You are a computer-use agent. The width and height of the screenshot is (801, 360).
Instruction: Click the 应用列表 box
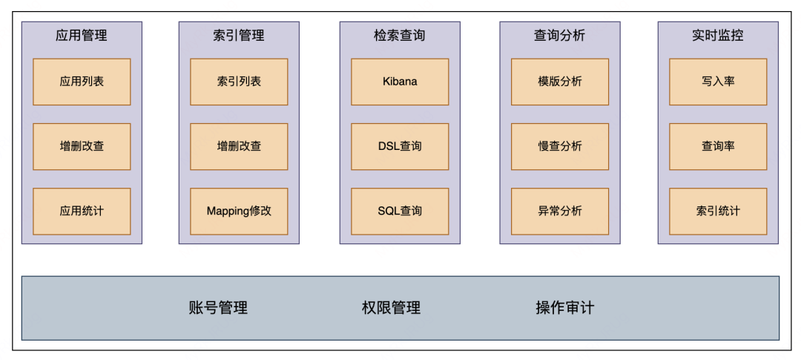82,82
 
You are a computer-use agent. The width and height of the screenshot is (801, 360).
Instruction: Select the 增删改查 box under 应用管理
82,146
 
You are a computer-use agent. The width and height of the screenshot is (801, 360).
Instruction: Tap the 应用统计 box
82,211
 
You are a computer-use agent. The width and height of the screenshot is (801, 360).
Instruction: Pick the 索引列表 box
239,82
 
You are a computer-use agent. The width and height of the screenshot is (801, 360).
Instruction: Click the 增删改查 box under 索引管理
239,146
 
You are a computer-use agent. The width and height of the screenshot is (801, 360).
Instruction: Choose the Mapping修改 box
239,211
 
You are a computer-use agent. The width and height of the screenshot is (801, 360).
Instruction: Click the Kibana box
400,82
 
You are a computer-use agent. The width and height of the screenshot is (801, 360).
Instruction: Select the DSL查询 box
400,146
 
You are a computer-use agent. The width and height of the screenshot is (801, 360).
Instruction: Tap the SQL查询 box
400,211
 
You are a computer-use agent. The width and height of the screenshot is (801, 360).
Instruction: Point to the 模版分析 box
560,82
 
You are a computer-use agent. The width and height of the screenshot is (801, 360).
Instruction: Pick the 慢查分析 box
560,146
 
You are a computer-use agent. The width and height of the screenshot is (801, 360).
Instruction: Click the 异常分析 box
560,211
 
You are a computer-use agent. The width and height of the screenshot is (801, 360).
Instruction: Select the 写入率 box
718,82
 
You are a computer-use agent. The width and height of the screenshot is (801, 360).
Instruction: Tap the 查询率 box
718,146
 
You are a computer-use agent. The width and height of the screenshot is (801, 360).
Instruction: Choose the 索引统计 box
718,211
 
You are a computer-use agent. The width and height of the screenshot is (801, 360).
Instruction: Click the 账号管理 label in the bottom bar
218,308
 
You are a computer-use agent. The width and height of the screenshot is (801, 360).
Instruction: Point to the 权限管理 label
391,308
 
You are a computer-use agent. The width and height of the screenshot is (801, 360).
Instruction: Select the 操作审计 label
565,308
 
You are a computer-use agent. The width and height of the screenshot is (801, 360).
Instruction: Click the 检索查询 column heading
400,36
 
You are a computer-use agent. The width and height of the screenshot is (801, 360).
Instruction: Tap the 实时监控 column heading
718,36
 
